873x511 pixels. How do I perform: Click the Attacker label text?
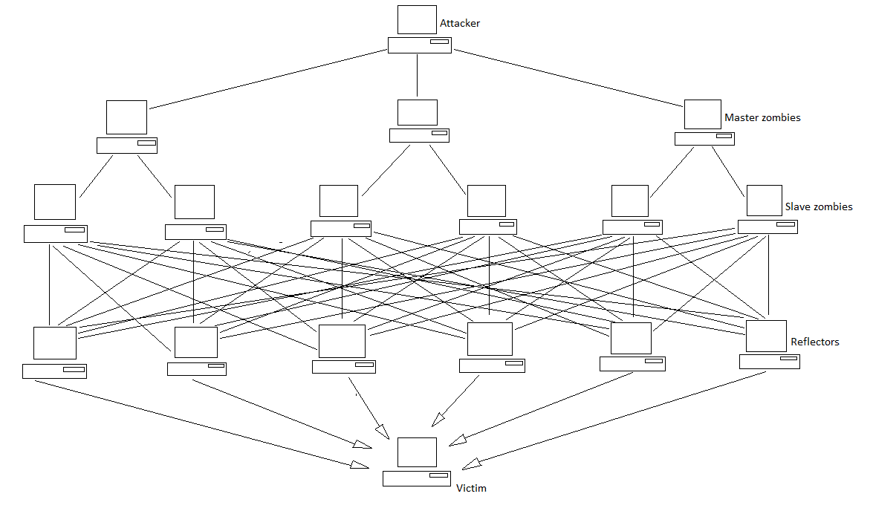pos(460,23)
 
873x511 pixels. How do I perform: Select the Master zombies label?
pos(762,117)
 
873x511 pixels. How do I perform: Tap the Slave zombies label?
pos(819,206)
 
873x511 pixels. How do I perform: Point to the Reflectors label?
pos(815,342)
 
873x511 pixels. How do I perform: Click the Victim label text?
pos(471,488)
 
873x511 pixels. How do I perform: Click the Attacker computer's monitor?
pos(417,19)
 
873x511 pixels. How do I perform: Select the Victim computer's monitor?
pos(417,452)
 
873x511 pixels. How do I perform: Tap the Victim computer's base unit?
pos(417,478)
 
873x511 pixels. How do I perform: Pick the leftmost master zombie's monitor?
pos(126,117)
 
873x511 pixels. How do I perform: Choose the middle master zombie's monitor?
pos(418,112)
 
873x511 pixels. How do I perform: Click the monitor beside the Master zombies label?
pos(703,114)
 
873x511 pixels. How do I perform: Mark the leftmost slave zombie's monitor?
pos(55,202)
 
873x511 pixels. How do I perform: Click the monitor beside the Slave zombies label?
pos(764,201)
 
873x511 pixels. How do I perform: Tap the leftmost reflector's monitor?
pos(55,343)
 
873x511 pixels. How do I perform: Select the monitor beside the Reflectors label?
pos(766,336)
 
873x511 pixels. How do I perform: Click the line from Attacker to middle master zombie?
pos(418,75)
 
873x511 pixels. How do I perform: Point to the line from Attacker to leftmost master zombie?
pos(267,80)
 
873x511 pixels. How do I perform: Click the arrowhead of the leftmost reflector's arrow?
pos(360,465)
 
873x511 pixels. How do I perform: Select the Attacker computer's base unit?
pos(419,45)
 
